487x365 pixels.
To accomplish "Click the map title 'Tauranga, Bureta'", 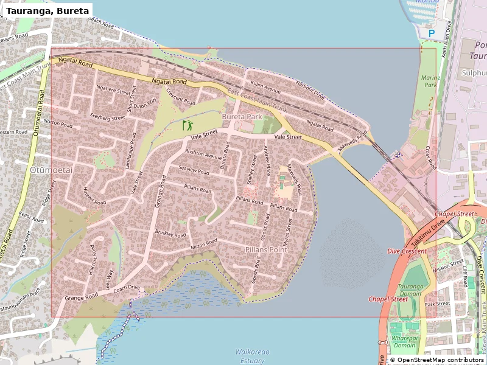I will coord(47,10).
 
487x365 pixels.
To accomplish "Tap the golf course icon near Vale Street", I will coord(187,126).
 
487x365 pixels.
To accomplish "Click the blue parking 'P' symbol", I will coord(432,34).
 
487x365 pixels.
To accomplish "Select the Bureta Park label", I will coord(242,116).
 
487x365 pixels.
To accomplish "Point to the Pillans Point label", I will coord(266,250).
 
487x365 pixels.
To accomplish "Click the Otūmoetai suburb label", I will coord(51,170).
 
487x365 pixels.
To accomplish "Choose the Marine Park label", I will coord(430,82).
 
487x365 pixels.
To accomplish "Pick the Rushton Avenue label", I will coord(203,155).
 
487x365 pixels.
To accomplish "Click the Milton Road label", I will coord(203,245).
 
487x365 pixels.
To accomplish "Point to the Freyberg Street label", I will coord(107,116).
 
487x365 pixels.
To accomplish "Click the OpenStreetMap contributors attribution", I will coord(436,360).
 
